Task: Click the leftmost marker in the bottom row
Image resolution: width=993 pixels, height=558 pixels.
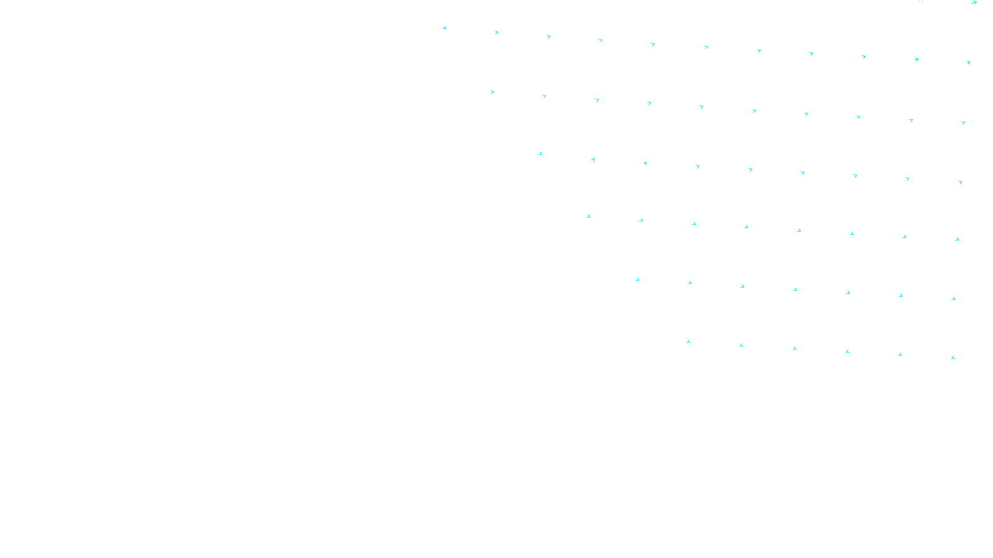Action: [689, 342]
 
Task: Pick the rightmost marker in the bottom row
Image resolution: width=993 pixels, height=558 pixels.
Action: [953, 358]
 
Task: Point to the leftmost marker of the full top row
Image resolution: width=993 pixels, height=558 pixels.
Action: [444, 28]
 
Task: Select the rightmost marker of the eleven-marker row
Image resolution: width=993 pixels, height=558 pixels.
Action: [968, 63]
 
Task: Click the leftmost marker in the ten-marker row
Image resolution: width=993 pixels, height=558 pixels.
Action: [492, 92]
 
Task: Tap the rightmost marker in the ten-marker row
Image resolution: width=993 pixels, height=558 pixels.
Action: [963, 123]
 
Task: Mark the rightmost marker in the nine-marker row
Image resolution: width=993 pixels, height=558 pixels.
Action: [960, 182]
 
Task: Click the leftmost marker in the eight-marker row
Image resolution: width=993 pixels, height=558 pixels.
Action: [588, 216]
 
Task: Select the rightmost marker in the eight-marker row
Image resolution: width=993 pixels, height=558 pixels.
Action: [957, 239]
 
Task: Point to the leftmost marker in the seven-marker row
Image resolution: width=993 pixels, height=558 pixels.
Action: [637, 280]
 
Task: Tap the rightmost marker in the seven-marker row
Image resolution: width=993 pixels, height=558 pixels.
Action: [953, 299]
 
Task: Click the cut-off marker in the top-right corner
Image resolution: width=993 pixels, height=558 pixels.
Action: [974, 2]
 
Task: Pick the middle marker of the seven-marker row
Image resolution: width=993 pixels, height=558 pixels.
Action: [795, 290]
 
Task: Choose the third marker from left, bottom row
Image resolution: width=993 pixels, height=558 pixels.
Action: [795, 348]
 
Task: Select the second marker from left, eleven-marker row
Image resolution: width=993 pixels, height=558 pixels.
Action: [496, 32]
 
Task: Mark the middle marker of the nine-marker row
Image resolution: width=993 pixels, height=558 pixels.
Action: [750, 169]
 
